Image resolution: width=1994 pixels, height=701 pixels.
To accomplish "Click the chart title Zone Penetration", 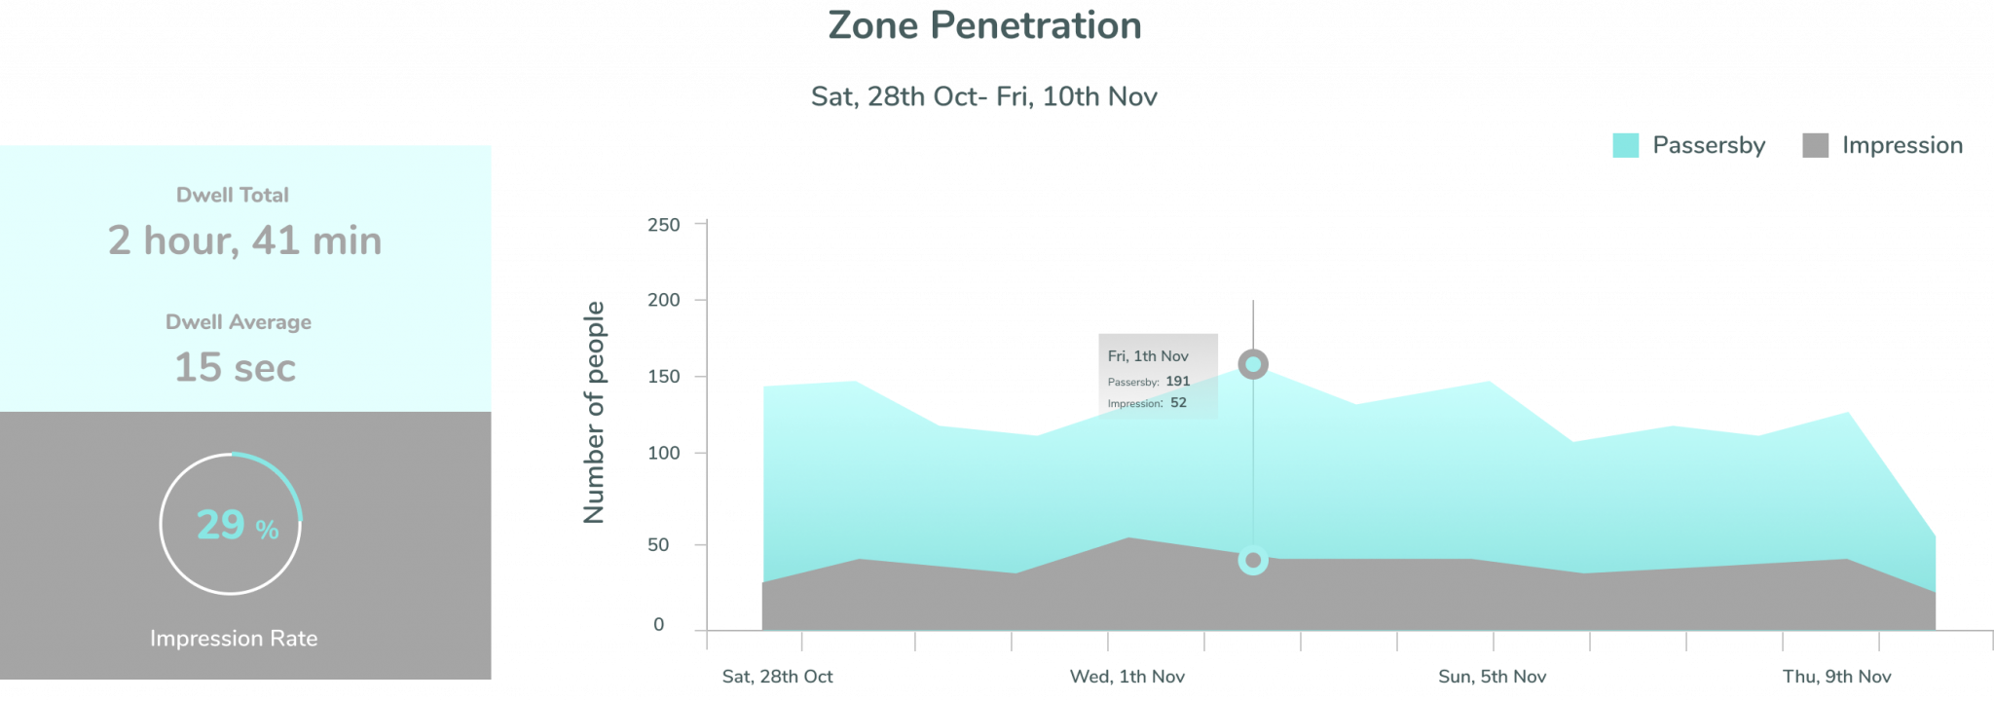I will pos(984,26).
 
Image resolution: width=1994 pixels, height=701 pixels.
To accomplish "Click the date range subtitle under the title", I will pos(984,97).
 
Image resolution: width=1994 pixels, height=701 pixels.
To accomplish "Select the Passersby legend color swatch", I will pos(1625,145).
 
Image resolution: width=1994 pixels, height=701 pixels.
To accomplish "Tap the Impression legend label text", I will pos(1902,145).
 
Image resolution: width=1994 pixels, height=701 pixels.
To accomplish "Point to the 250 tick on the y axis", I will pos(663,225).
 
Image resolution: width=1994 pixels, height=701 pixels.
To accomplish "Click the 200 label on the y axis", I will pos(663,300).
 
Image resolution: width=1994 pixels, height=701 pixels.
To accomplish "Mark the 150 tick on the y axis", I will pos(663,377).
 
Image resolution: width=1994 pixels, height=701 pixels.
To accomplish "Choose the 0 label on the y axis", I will pos(659,624).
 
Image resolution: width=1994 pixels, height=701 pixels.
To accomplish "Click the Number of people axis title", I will pos(594,412).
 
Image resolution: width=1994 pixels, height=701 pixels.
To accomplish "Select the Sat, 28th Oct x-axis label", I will pos(777,676).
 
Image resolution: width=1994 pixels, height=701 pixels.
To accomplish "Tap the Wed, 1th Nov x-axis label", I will pos(1126,676).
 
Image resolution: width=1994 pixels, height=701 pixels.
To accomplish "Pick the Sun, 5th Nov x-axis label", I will pos(1492,676).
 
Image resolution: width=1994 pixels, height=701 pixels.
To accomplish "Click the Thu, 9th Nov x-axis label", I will pos(1836,676).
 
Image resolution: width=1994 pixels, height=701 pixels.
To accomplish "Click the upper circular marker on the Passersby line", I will pos(1253,365).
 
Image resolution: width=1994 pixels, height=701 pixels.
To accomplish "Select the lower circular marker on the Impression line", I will pos(1253,560).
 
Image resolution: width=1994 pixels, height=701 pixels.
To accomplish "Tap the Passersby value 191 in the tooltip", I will pos(1177,382).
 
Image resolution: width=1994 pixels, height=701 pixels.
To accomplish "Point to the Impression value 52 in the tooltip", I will pos(1178,403).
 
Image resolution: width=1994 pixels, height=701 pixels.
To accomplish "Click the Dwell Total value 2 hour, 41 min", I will pos(244,240).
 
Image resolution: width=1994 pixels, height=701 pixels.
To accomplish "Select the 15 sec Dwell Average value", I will pos(235,368).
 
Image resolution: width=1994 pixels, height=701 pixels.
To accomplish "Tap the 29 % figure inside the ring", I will pos(237,525).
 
